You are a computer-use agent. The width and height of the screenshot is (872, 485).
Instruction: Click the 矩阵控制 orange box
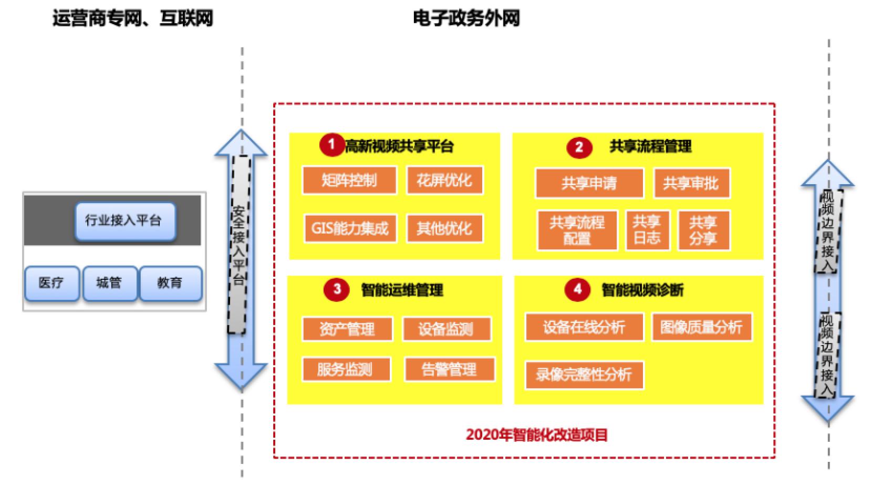tap(349, 180)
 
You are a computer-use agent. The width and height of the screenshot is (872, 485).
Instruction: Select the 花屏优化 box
tap(444, 180)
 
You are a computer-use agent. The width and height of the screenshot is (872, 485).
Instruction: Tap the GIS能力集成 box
tap(349, 228)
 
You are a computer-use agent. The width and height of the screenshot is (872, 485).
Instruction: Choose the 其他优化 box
tap(444, 228)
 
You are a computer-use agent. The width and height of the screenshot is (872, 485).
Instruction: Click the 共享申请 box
tap(589, 183)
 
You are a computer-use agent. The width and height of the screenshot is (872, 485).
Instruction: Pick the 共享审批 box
tap(691, 183)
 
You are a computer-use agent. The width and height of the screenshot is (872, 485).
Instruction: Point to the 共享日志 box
tap(647, 230)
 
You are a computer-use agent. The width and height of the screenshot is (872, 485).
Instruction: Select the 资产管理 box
tap(347, 329)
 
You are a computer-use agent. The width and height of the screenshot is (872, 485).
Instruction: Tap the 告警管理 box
tap(449, 369)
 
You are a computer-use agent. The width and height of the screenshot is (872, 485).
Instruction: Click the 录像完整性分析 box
tap(584, 375)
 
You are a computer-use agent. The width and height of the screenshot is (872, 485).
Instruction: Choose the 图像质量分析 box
tap(701, 327)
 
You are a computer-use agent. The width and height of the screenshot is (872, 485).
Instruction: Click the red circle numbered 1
tap(331, 144)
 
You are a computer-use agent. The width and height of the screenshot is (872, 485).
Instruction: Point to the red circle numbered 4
tap(577, 289)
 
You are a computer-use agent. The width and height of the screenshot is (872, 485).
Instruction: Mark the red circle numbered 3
tap(337, 289)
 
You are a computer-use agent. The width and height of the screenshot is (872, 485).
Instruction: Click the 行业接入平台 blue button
tap(124, 221)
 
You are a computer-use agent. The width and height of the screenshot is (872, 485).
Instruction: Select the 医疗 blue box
tap(51, 283)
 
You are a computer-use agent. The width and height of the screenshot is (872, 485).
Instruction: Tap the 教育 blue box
tap(170, 283)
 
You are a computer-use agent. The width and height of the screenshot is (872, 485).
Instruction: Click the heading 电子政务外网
tap(466, 19)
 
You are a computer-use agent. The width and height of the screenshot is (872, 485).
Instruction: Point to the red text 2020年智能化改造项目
tap(536, 435)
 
